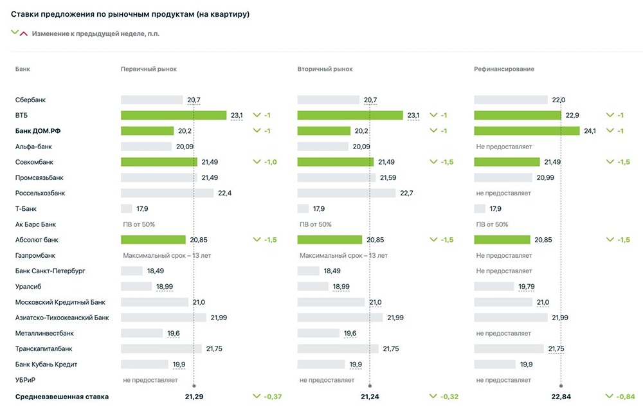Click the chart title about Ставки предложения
point(130,14)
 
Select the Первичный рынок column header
point(149,69)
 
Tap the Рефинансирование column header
point(504,69)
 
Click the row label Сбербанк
point(30,100)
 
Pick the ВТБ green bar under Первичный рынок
point(174,116)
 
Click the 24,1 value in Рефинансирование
point(590,131)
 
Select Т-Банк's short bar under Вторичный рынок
point(303,209)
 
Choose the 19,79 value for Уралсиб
point(526,287)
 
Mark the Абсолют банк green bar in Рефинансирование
point(502,240)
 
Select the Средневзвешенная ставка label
point(62,397)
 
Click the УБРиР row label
point(27,380)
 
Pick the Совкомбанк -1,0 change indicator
point(266,162)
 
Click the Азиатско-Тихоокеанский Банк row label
point(62,318)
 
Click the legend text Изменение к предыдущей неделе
point(95,33)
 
